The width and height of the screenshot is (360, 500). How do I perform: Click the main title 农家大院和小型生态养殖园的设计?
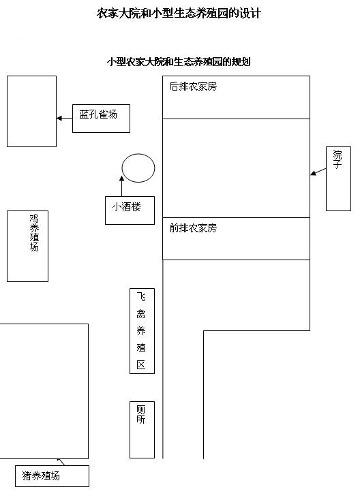[179, 14]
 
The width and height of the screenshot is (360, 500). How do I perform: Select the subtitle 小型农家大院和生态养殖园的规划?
[179, 61]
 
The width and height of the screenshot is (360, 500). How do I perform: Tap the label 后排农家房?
[193, 87]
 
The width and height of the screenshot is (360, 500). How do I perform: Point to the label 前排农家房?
[193, 228]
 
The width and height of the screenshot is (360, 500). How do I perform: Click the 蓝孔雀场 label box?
[101, 119]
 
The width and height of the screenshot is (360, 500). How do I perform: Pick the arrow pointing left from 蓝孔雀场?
[65, 119]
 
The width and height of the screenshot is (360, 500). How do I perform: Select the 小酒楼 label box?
[130, 210]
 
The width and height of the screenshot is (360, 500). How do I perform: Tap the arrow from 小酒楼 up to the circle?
[121, 186]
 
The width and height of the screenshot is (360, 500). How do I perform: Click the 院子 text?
[337, 160]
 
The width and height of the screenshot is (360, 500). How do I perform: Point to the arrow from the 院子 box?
[318, 172]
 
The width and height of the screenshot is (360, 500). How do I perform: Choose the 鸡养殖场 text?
[34, 233]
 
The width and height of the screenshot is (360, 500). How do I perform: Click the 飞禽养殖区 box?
[142, 331]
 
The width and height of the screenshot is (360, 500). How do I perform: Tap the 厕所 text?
[140, 415]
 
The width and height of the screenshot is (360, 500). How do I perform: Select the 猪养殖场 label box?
[52, 476]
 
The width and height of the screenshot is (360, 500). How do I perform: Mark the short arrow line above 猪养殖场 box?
[61, 462]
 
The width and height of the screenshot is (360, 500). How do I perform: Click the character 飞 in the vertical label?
[140, 297]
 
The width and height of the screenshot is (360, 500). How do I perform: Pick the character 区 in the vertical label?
[140, 364]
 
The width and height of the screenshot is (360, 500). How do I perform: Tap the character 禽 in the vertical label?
[140, 314]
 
